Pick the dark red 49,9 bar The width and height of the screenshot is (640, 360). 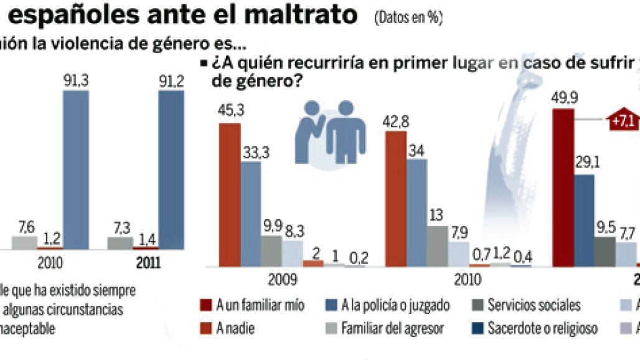563,187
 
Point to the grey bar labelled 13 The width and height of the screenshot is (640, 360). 438,246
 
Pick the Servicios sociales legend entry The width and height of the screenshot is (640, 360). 527,306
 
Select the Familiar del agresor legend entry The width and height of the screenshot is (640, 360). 385,328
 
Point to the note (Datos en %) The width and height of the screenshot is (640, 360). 408,18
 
